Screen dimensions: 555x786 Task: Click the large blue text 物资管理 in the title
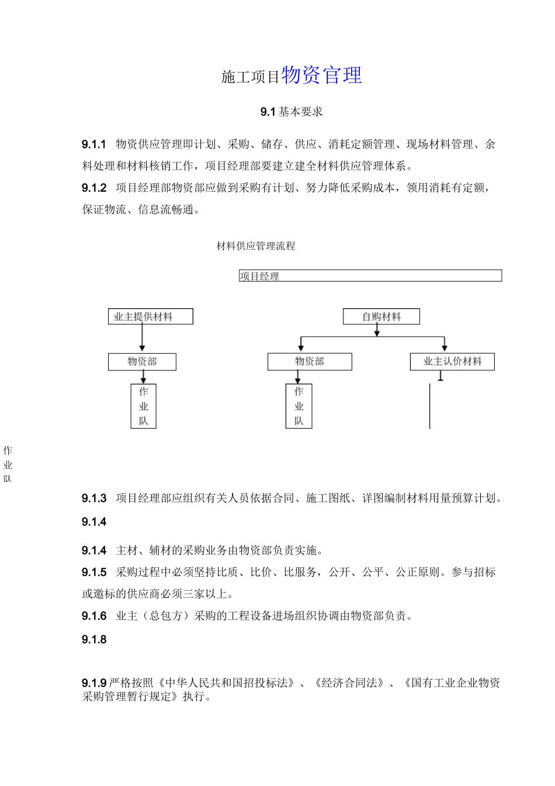pyautogui.click(x=321, y=75)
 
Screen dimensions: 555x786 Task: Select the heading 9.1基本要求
pyautogui.click(x=292, y=112)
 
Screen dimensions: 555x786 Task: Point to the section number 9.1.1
pyautogui.click(x=94, y=144)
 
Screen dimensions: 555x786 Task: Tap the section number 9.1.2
pyautogui.click(x=94, y=188)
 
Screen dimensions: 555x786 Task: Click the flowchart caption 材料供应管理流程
pyautogui.click(x=256, y=246)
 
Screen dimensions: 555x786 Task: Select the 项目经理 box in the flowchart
pyautogui.click(x=370, y=276)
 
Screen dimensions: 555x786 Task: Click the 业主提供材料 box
pyautogui.click(x=150, y=317)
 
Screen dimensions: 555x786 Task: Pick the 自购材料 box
pyautogui.click(x=381, y=317)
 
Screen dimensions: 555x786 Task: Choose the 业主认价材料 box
pyautogui.click(x=452, y=361)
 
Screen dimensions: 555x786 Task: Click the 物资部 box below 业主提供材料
pyautogui.click(x=142, y=361)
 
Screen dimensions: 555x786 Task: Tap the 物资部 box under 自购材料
pyautogui.click(x=310, y=361)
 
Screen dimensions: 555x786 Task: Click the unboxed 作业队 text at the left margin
pyautogui.click(x=8, y=465)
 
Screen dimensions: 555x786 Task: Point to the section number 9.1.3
pyautogui.click(x=94, y=498)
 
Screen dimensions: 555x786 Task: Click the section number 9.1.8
pyautogui.click(x=94, y=640)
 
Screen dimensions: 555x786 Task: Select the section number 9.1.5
pyautogui.click(x=94, y=572)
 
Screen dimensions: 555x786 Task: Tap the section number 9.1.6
pyautogui.click(x=94, y=616)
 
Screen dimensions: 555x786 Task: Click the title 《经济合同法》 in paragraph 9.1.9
pyautogui.click(x=349, y=683)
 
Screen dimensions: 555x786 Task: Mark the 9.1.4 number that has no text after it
pyautogui.click(x=94, y=522)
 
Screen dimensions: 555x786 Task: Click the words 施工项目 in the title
pyautogui.click(x=250, y=77)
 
